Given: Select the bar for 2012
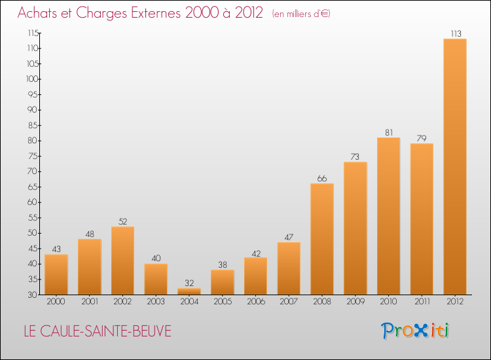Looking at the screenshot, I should tap(455, 167).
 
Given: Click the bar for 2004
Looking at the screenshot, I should tap(189, 291).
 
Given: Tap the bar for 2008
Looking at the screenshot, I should tap(322, 239).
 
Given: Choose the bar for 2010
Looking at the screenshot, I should tap(388, 216).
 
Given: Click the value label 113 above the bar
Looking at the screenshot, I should tap(455, 34).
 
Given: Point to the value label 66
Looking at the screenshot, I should tap(322, 179).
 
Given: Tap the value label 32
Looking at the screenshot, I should tap(189, 283).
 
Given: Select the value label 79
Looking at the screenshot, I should tap(422, 139).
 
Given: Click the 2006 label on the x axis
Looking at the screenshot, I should tap(255, 302).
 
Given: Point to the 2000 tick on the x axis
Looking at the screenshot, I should tap(56, 302).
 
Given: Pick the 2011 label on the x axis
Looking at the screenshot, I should tap(422, 302).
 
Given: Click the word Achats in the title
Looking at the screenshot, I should tap(38, 13).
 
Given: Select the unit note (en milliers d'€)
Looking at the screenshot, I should tap(301, 14).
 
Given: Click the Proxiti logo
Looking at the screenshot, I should tap(416, 331).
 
